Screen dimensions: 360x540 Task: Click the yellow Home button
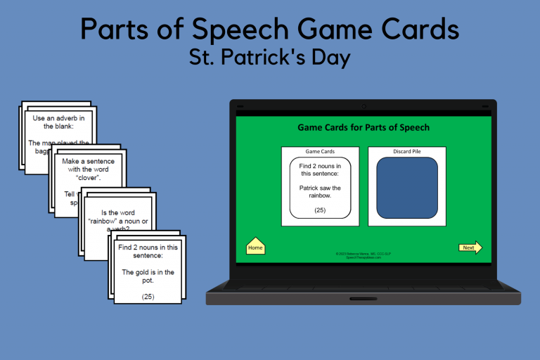pos(255,247)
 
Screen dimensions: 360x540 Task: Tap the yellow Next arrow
pos(470,247)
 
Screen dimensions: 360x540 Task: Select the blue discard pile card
pos(406,187)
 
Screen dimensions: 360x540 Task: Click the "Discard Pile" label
pos(406,151)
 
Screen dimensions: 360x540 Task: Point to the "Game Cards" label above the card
pos(320,151)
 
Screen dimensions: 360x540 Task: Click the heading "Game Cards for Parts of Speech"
pos(364,127)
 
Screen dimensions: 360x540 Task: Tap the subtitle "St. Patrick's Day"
pos(269,58)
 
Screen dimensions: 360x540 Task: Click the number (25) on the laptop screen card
pos(320,210)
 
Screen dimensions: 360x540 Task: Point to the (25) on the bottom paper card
pos(148,296)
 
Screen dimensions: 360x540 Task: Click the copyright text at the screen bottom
pos(364,255)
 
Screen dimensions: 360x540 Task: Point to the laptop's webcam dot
pos(364,107)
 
